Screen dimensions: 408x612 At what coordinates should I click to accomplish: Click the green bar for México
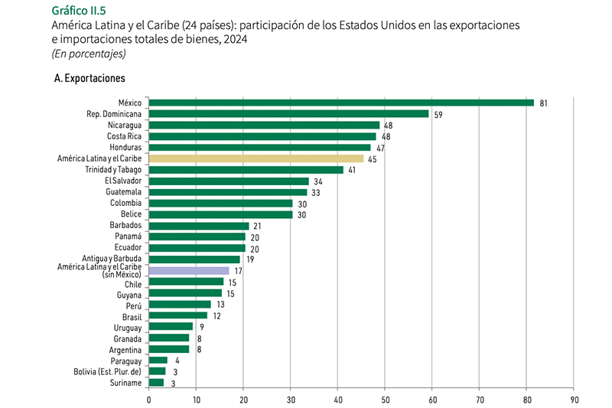tap(340, 103)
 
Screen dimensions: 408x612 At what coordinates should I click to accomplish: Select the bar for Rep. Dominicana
tap(288, 114)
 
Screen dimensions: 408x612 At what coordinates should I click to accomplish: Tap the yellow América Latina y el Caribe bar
tap(256, 158)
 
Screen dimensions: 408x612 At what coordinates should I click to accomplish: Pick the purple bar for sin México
tap(188, 270)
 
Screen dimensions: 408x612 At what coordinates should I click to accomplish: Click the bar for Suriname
tap(156, 382)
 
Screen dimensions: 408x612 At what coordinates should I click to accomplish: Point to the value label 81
tap(544, 103)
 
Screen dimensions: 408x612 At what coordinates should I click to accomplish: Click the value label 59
tap(438, 114)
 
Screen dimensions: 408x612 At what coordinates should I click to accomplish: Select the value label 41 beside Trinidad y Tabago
tap(353, 170)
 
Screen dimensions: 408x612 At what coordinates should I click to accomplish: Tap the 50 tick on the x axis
tap(385, 399)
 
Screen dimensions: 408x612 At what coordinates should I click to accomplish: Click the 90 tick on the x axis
tap(574, 399)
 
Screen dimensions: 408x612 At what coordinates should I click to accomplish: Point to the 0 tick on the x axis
tap(148, 399)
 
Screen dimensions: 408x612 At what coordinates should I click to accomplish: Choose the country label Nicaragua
tap(122, 125)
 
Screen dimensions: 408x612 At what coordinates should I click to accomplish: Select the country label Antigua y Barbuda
tap(112, 259)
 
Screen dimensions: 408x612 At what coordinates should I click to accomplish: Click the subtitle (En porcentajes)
tap(88, 54)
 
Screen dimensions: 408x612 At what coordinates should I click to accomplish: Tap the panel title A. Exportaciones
tap(90, 79)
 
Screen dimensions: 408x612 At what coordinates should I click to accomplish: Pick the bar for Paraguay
tap(158, 360)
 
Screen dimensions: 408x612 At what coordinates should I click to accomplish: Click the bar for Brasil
tap(177, 315)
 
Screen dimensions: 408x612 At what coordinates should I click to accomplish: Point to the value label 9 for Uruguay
tap(201, 327)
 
